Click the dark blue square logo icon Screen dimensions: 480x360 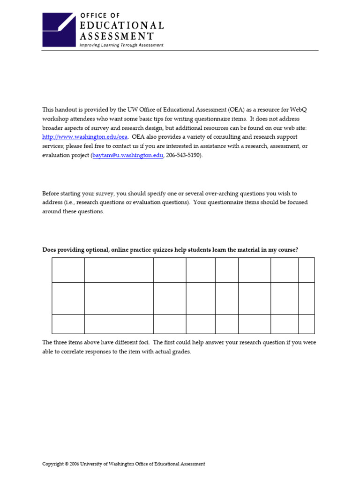59,30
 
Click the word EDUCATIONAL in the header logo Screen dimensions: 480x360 121,26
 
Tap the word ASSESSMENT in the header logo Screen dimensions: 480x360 116,36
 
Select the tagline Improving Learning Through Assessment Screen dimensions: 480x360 121,45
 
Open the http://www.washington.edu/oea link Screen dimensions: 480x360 85,137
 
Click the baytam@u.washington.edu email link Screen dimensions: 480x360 127,155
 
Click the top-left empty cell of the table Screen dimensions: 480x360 68,270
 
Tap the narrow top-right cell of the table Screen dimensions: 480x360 307,270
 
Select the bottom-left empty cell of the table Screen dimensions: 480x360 68,324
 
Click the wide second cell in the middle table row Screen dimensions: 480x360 119,298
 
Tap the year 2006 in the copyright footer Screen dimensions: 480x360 74,464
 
